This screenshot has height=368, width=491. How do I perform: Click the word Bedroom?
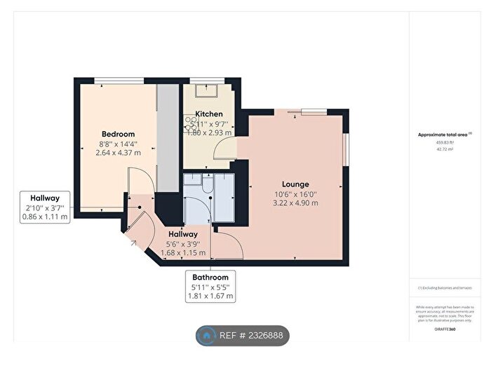[118, 134]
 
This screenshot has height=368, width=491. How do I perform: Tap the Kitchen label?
[209, 114]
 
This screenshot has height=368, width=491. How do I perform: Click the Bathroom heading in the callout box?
[210, 278]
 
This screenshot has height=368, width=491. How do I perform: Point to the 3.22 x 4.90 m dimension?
[295, 203]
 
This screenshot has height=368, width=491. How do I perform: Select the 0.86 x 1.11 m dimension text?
[45, 217]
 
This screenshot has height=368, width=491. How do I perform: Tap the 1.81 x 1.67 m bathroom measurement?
[210, 297]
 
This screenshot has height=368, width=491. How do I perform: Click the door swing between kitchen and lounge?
[225, 149]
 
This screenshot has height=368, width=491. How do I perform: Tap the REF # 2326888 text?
[252, 336]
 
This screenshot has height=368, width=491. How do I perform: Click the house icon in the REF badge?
[208, 336]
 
